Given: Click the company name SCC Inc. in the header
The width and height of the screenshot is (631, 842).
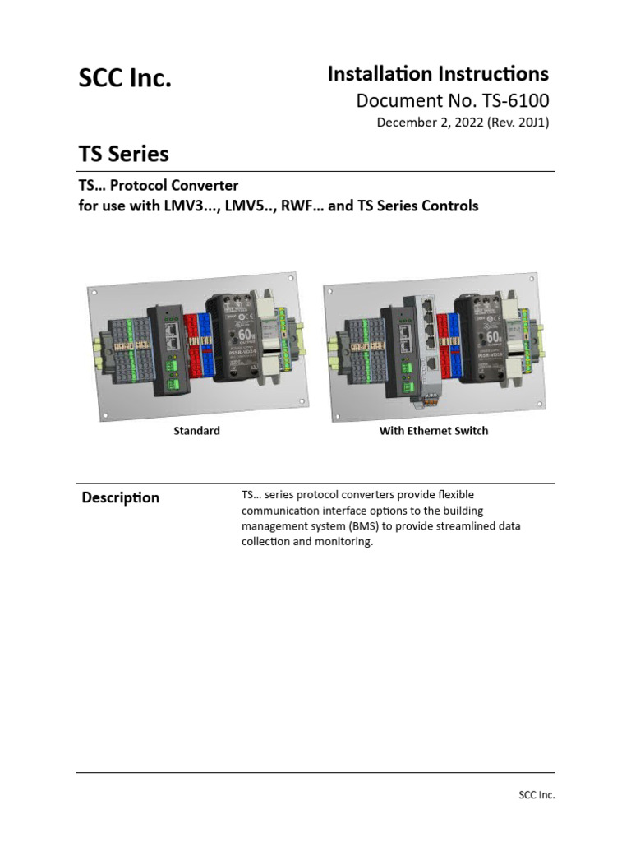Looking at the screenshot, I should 125,79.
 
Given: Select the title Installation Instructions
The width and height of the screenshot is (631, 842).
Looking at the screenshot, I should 438,74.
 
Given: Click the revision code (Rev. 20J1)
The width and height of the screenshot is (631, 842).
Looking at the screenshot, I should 518,123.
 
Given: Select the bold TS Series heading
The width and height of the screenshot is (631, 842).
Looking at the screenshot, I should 123,154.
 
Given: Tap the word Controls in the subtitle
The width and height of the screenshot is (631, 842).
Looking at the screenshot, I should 449,206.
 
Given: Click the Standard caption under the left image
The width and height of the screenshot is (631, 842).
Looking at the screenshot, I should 196,431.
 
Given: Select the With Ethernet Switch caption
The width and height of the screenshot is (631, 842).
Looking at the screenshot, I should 433,431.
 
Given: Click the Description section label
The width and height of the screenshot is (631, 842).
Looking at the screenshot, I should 120,497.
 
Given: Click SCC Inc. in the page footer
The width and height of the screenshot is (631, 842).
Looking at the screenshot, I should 536,795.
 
